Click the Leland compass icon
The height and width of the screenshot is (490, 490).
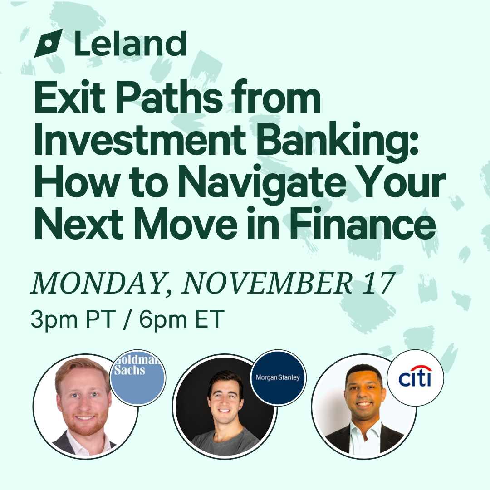[x=48, y=43]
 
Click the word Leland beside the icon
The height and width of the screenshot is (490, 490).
[x=131, y=44]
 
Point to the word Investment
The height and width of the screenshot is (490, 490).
[x=140, y=139]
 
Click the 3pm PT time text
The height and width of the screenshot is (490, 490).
[x=73, y=319]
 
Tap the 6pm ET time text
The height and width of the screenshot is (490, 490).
[x=181, y=319]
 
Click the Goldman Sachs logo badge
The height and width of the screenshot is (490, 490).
[x=137, y=378]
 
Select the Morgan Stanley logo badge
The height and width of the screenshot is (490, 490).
[x=278, y=378]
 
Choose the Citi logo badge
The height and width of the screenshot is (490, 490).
[x=415, y=378]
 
